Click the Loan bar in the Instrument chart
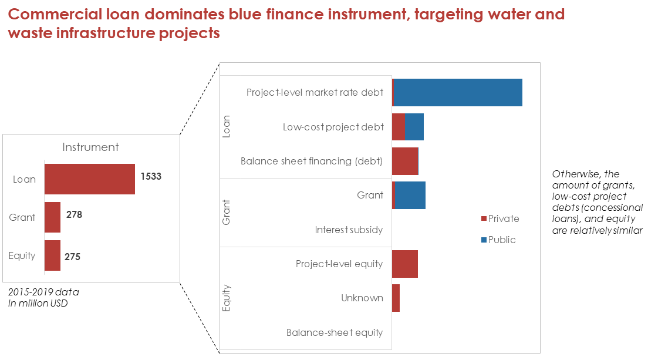click(x=90, y=179)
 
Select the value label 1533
click(x=151, y=177)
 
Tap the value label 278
click(x=75, y=214)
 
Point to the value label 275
click(x=72, y=257)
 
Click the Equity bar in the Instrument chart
click(x=52, y=255)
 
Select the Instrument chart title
click(x=90, y=147)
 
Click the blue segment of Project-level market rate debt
click(x=458, y=92)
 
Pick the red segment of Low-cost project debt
click(x=399, y=127)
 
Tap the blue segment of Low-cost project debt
click(x=414, y=127)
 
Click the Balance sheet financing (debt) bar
click(x=405, y=161)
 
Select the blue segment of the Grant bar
click(x=410, y=195)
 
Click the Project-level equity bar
click(x=405, y=264)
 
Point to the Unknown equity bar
click(x=396, y=298)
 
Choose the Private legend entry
click(x=500, y=218)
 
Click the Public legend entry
click(x=498, y=240)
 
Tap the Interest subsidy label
click(x=349, y=230)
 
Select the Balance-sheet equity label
click(x=335, y=333)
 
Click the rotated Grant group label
click(x=226, y=213)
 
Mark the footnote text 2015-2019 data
click(x=43, y=292)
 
